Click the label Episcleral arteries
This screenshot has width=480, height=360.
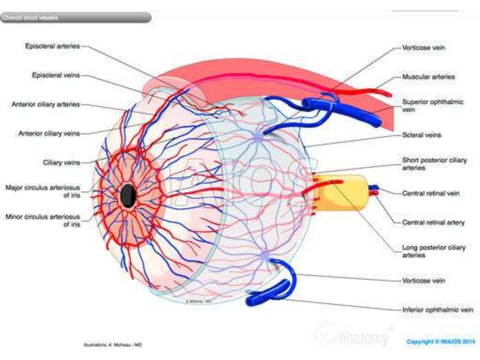click(x=52, y=46)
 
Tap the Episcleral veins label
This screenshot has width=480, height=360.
click(x=56, y=75)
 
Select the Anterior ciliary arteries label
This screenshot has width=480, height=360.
click(x=45, y=105)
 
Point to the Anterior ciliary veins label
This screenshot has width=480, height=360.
click(x=49, y=134)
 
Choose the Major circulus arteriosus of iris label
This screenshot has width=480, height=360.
click(x=43, y=191)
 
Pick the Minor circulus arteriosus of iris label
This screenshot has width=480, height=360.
click(x=43, y=220)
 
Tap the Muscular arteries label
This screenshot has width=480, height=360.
click(x=428, y=76)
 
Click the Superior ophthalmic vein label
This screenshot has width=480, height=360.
click(x=431, y=105)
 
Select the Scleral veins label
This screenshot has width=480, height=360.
click(x=422, y=135)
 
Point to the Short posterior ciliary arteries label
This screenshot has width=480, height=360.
click(x=435, y=164)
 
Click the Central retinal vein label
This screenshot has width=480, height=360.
click(x=431, y=193)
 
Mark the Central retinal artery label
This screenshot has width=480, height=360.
click(x=434, y=222)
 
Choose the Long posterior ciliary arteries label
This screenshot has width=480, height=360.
click(x=434, y=251)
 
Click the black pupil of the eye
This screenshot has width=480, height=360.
click(x=127, y=195)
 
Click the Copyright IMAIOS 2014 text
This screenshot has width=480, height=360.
click(x=441, y=341)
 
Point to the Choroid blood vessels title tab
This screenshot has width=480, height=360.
click(x=75, y=18)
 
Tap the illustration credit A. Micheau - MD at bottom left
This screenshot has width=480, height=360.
click(x=112, y=345)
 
